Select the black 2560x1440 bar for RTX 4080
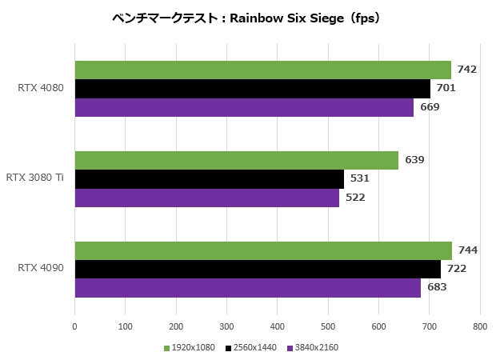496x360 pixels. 252,88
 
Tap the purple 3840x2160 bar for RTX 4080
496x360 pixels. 244,107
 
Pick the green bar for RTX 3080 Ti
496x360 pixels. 236,160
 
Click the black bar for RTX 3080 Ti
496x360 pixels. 209,178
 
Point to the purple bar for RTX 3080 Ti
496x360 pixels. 206,198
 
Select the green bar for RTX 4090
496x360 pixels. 263,250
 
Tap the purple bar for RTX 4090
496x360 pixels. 247,288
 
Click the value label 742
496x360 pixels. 467,70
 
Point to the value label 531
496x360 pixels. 360,178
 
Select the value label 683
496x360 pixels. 437,288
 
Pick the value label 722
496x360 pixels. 456,269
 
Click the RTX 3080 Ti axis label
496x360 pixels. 34,178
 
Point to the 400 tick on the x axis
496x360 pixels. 277,326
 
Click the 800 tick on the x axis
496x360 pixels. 479,326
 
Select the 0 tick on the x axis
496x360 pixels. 74,326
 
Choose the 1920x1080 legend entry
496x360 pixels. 193,348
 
